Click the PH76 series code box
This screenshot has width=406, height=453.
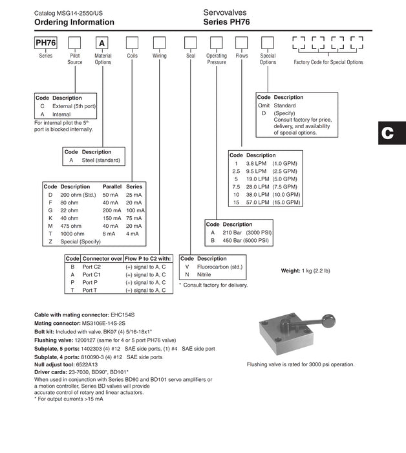click(x=46, y=44)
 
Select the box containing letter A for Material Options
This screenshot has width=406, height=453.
click(x=102, y=44)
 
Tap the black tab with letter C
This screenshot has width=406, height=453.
click(x=387, y=133)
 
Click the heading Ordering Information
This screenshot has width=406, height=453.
click(x=74, y=22)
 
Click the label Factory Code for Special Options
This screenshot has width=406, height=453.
click(x=328, y=63)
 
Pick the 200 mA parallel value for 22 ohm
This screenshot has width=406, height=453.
click(x=111, y=210)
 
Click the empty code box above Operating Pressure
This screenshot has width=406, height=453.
click(x=216, y=44)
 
